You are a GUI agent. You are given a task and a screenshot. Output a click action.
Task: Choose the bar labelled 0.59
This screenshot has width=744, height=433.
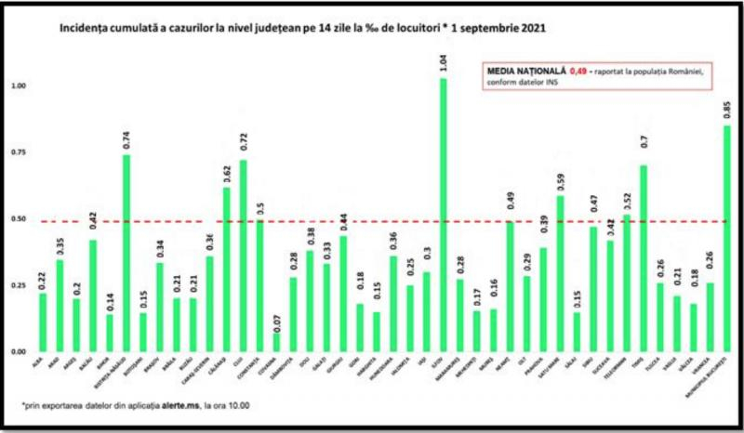560,273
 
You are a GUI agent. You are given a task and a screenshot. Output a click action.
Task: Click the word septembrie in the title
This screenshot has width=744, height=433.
486,29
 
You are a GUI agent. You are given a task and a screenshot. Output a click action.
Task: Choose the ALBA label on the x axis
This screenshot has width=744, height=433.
39,368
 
